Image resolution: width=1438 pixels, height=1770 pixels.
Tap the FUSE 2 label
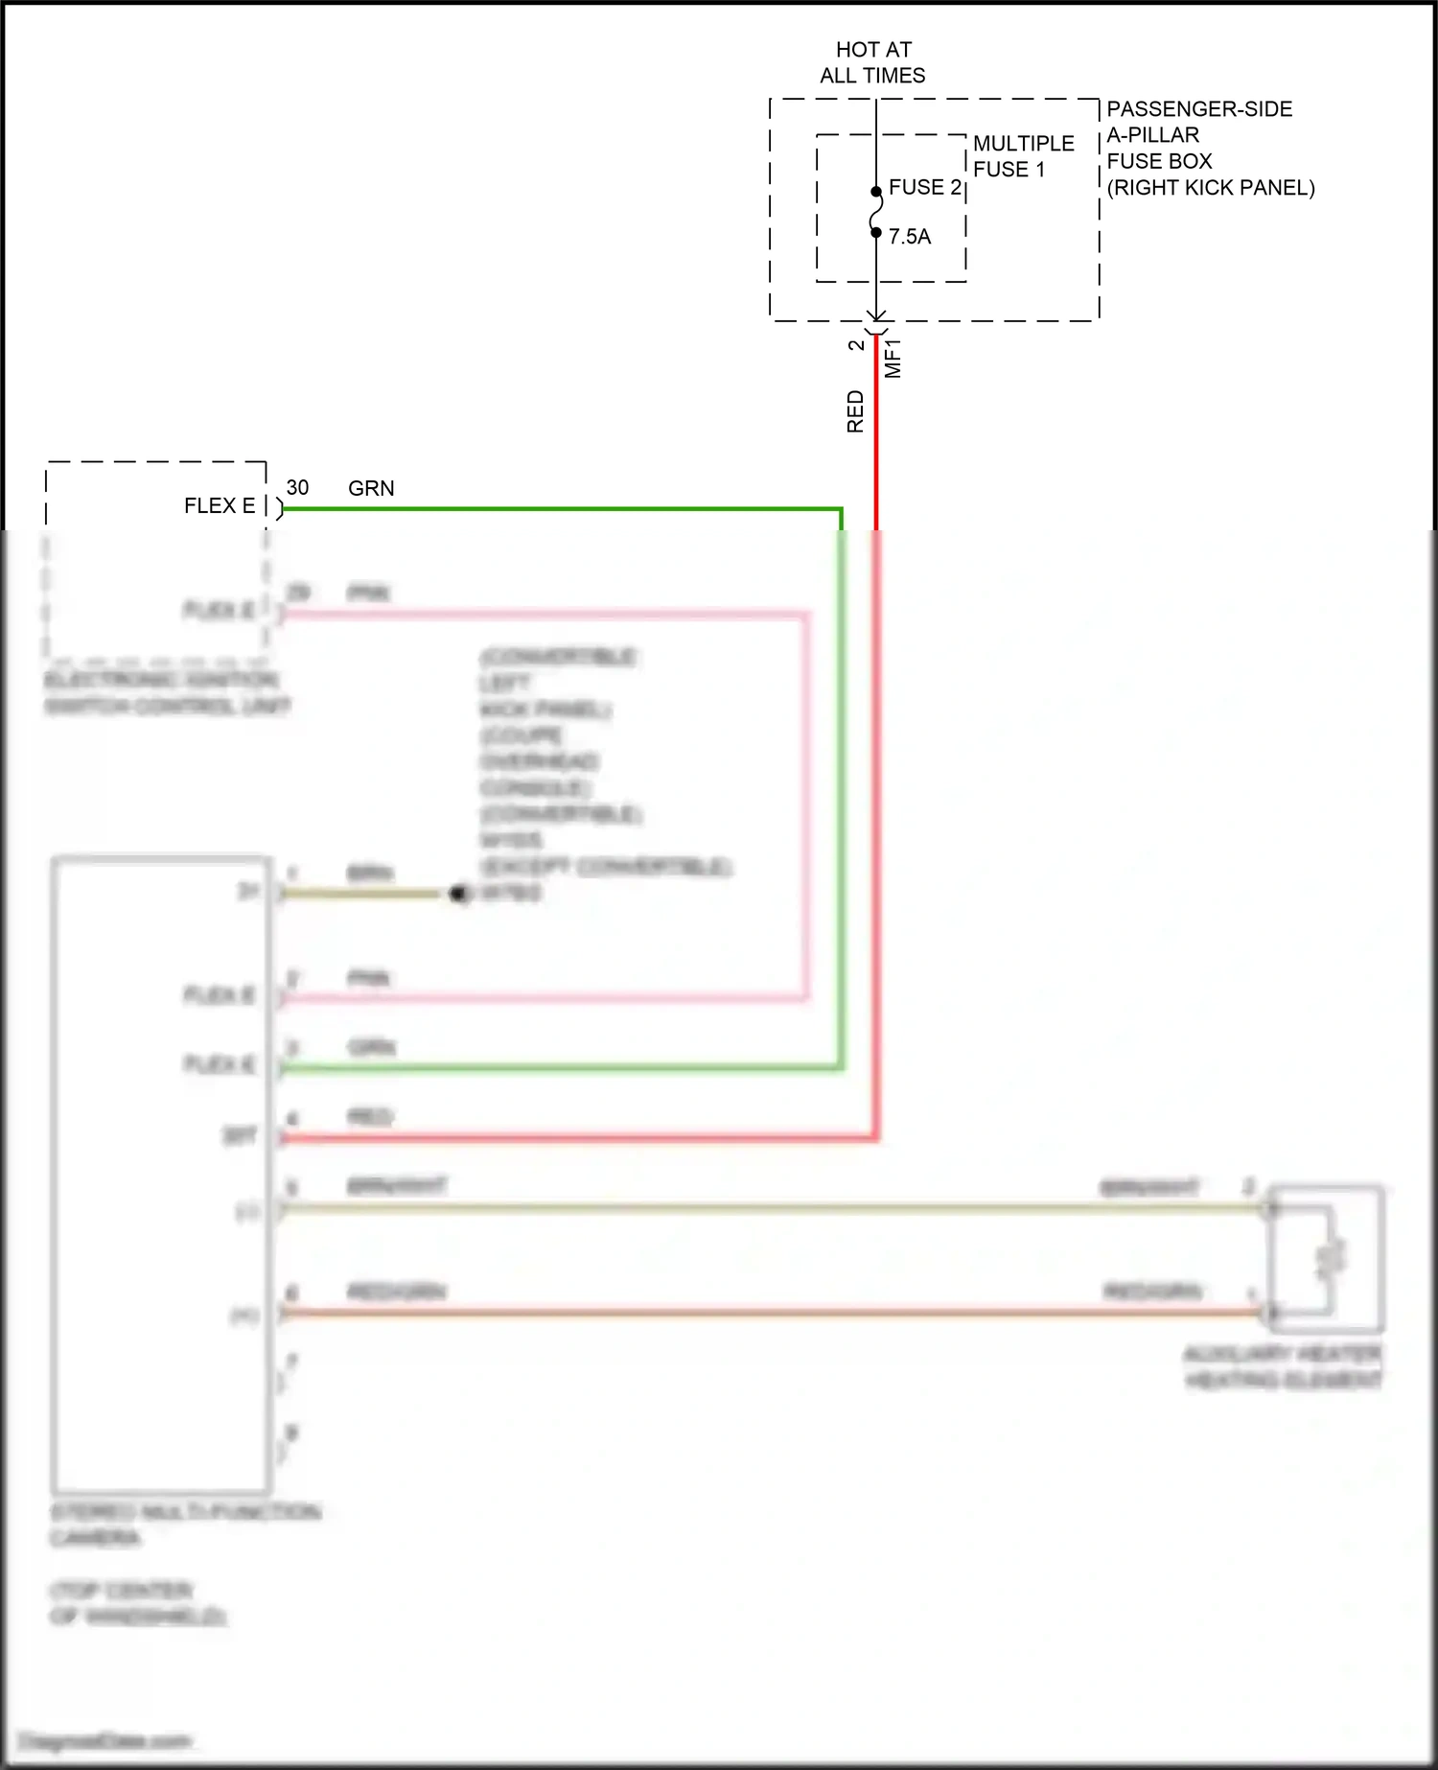pyautogui.click(x=924, y=188)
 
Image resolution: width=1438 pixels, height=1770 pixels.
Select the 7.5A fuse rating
pyautogui.click(x=910, y=237)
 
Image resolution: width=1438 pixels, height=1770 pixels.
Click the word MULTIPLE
pyautogui.click(x=1024, y=144)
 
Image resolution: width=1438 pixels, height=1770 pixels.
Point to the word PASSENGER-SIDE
pyautogui.click(x=1199, y=109)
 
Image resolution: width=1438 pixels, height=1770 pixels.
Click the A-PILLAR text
pyautogui.click(x=1152, y=135)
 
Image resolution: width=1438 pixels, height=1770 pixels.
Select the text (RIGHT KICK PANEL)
pyautogui.click(x=1211, y=188)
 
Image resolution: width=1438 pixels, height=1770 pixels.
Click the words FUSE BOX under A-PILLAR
pyautogui.click(x=1159, y=161)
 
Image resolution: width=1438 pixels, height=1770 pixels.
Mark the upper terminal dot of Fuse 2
pyautogui.click(x=876, y=192)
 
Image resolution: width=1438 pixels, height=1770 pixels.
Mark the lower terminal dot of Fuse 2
pyautogui.click(x=876, y=232)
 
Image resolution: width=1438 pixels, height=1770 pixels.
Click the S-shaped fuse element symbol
pyautogui.click(x=876, y=212)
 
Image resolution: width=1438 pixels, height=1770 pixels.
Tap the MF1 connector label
pyautogui.click(x=893, y=358)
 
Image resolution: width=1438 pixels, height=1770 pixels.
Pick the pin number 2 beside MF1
pyautogui.click(x=856, y=345)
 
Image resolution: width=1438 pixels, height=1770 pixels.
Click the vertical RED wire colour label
pyautogui.click(x=855, y=411)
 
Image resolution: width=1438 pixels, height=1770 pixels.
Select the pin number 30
pyautogui.click(x=297, y=488)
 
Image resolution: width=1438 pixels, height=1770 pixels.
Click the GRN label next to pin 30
pyautogui.click(x=371, y=489)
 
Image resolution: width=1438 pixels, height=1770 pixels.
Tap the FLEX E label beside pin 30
pyautogui.click(x=220, y=506)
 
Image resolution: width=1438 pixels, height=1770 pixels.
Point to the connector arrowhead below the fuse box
pyautogui.click(x=876, y=317)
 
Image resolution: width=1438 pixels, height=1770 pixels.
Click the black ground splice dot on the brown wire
pyautogui.click(x=459, y=894)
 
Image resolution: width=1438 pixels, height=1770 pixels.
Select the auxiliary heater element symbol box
pyautogui.click(x=1326, y=1258)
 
